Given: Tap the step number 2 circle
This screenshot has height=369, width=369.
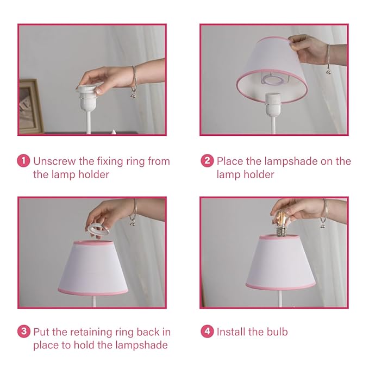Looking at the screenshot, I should [x=207, y=161].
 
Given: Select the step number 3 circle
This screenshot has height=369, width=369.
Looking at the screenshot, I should [x=24, y=332].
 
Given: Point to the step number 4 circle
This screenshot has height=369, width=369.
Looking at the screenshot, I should [x=207, y=332].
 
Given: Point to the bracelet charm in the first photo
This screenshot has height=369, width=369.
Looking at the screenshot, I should [x=133, y=95].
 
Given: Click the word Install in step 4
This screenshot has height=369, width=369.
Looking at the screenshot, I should [x=232, y=332].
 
